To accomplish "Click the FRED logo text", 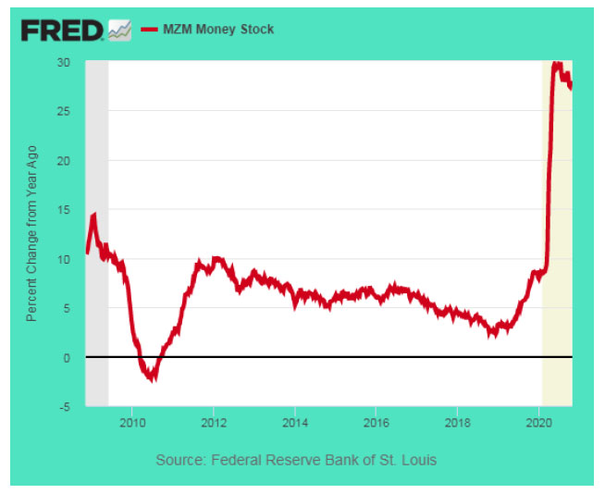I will click(62, 31).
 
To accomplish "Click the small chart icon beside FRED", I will click(119, 31).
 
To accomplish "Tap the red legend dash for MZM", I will click(150, 30).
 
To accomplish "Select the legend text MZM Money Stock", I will click(218, 30).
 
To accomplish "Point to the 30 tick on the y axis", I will click(63, 62).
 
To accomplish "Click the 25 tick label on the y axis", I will click(63, 111).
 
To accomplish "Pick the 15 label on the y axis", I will click(63, 209).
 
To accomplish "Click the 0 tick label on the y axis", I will click(67, 357).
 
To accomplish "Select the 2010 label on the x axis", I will click(132, 421).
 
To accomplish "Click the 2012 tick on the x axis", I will click(214, 421).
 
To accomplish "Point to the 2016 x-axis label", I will click(376, 421).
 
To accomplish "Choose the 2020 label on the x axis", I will click(537, 421).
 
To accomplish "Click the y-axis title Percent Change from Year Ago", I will click(31, 234).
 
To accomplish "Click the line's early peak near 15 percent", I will click(93, 216).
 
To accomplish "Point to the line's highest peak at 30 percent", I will click(556, 64).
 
